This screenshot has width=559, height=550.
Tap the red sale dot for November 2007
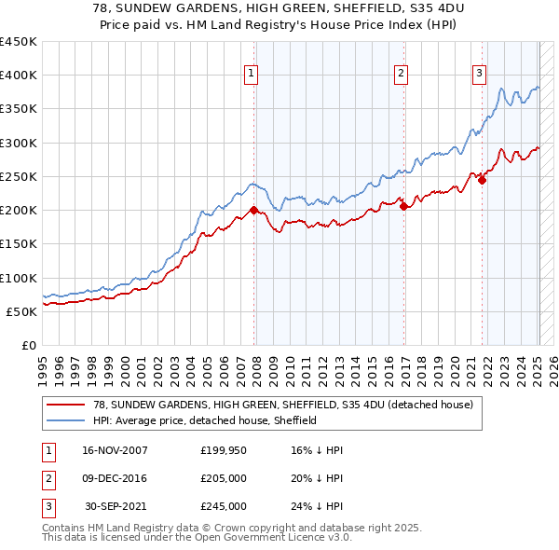[x=254, y=210]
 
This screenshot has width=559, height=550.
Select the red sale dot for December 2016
[x=403, y=207]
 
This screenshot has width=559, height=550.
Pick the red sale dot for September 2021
[x=482, y=180]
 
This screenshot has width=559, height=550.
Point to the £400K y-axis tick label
[x=19, y=76]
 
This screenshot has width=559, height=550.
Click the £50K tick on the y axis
[x=22, y=311]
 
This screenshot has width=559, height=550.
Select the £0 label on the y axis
[x=28, y=346]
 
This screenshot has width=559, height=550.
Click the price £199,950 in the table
[x=223, y=450]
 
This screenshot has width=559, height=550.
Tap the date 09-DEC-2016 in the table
[x=116, y=478]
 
